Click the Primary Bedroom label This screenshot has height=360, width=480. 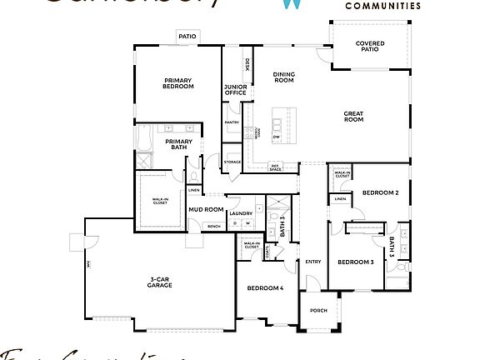click(178, 83)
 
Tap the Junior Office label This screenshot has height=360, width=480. click(234, 90)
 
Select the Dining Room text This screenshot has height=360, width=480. click(284, 77)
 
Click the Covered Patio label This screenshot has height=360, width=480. click(369, 47)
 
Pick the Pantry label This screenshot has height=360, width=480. click(232, 123)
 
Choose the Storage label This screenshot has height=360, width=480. click(232, 162)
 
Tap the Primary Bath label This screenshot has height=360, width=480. click(178, 144)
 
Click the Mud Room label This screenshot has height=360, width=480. click(205, 209)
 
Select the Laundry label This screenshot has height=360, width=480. click(241, 213)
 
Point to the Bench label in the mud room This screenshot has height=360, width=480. click(213, 226)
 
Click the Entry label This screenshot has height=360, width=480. click(313, 262)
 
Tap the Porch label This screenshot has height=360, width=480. click(318, 310)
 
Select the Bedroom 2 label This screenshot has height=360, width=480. click(380, 193)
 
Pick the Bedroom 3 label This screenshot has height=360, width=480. click(355, 262)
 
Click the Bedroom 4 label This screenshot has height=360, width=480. click(265, 288)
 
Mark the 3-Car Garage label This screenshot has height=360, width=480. click(160, 282)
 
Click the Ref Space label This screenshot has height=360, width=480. click(275, 167)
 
